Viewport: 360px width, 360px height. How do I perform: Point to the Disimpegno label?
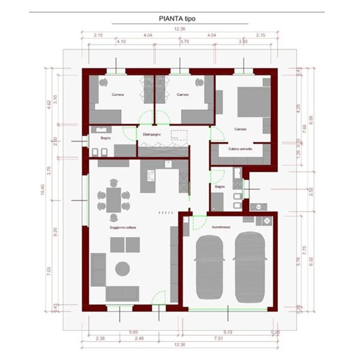click(150, 134)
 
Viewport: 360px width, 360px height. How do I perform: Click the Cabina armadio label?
click(240, 148)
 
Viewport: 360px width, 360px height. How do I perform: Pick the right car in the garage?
click(250, 268)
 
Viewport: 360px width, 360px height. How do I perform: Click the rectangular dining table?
click(113, 197)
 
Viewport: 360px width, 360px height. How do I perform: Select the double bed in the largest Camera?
click(253, 101)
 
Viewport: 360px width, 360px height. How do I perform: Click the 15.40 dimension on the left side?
click(43, 191)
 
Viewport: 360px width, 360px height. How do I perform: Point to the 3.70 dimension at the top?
click(184, 41)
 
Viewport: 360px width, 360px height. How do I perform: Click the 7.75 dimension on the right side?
click(305, 247)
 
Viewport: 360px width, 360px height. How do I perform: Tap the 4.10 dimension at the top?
click(121, 41)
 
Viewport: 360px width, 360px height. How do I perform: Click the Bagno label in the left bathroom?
click(106, 139)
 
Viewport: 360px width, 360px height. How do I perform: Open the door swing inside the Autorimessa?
click(187, 223)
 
